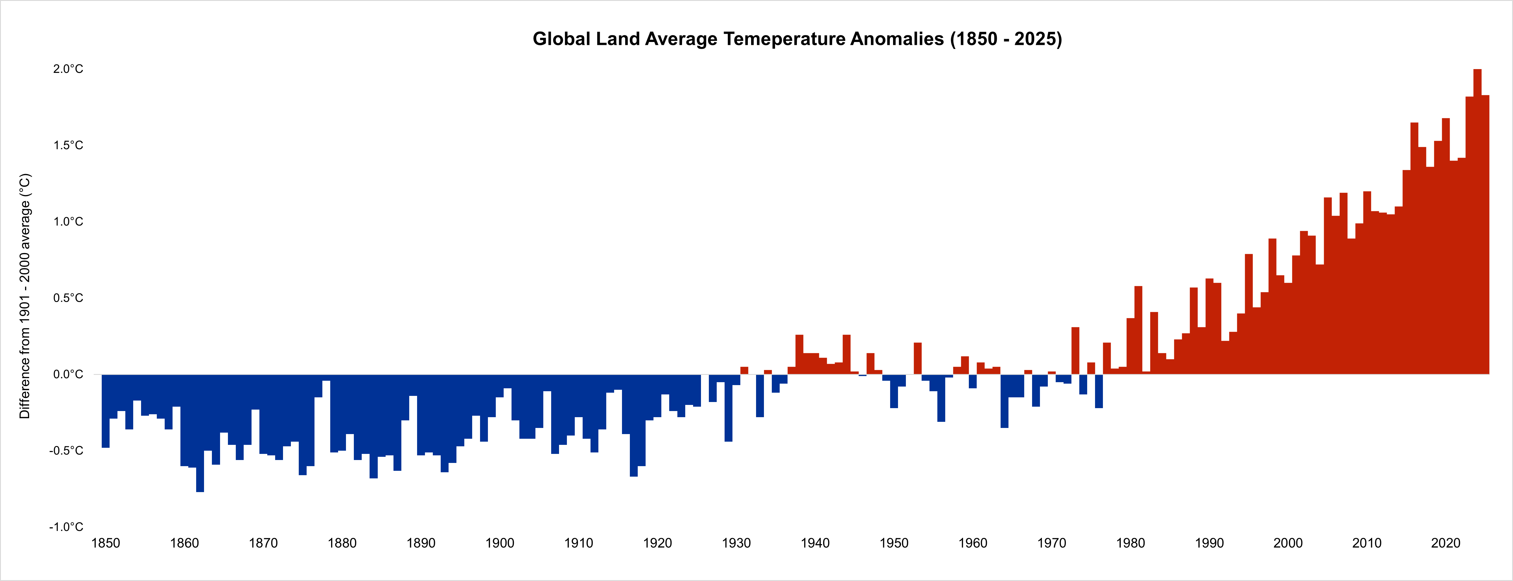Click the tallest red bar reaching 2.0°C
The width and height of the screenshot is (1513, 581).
(1477, 223)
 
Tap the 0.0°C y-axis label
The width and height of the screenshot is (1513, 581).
(68, 374)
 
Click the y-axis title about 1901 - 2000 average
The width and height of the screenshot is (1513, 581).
(25, 296)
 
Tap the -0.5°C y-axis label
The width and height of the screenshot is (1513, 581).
(66, 451)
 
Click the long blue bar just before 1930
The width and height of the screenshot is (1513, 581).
(728, 408)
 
